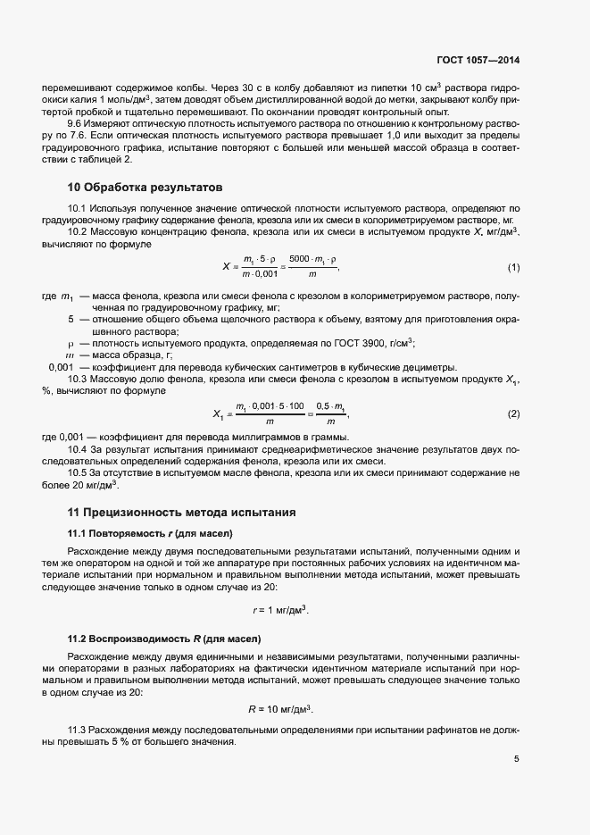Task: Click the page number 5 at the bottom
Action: tap(516, 759)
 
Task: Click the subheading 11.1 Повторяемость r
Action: tap(150, 533)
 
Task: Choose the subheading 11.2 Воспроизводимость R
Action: tap(164, 639)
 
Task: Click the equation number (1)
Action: tap(513, 268)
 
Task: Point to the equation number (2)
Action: tap(513, 414)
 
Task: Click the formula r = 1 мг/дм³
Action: tap(280, 609)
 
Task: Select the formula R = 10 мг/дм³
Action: tap(280, 710)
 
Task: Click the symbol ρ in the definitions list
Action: tap(71, 343)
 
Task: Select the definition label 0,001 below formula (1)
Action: tap(60, 367)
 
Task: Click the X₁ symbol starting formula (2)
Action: tap(219, 414)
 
